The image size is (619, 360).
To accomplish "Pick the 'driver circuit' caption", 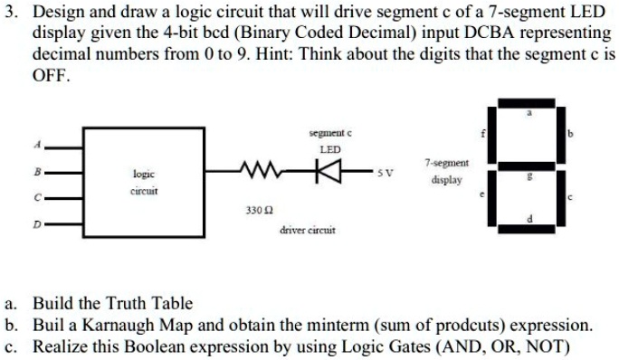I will tap(308, 231).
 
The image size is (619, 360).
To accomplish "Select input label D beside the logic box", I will tap(38, 222).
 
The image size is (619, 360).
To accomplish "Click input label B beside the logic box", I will tap(38, 169).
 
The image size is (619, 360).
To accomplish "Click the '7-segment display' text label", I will tap(446, 171).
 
